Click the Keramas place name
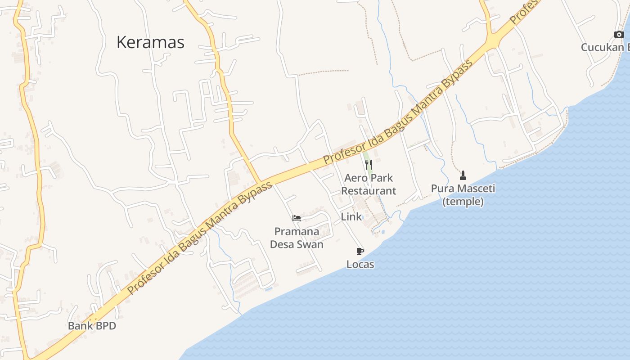tap(150, 42)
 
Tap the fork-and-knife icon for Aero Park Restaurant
tap(369, 165)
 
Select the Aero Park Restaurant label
tap(369, 184)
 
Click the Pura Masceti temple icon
tap(463, 175)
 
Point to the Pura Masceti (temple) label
tap(463, 195)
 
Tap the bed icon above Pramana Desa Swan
tap(296, 219)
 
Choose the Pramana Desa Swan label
tap(297, 238)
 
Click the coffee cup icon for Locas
tap(360, 251)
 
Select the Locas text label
tap(360, 264)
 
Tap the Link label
tap(351, 216)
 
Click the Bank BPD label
tap(92, 326)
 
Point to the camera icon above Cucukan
tap(619, 34)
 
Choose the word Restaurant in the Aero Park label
tap(369, 191)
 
